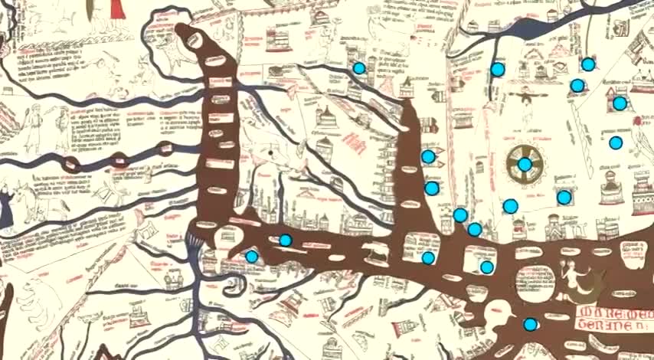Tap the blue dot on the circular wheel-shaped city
coord(525,164)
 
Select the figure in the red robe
coord(117,9)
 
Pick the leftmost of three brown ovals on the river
coord(73,164)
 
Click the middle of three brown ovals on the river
coord(119,160)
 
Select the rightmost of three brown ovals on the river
coord(164,149)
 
